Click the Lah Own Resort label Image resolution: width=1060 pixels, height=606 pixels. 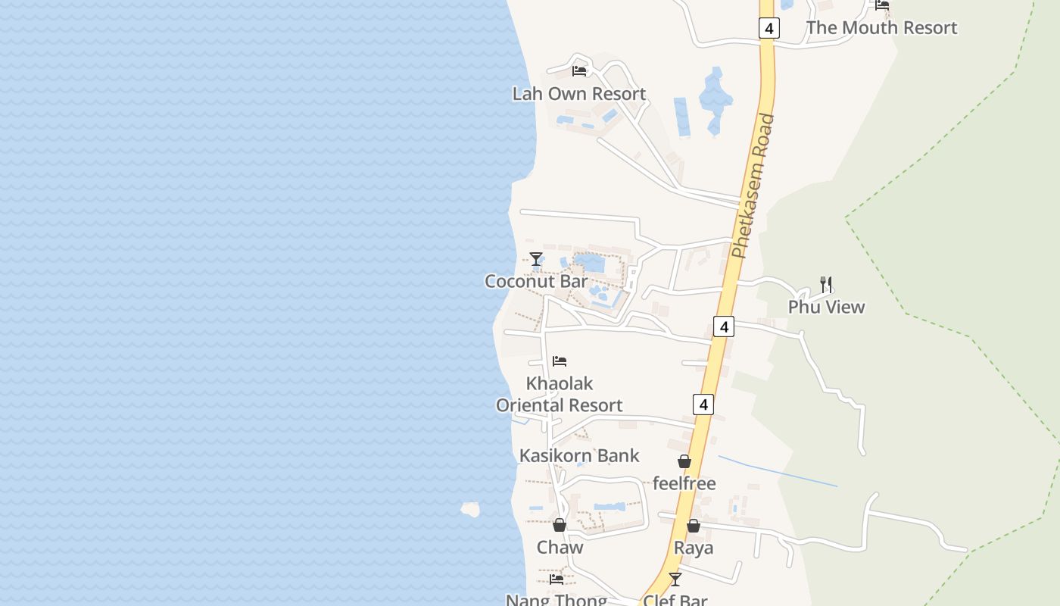[579, 94]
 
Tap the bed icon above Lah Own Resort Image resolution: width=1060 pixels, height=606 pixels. [579, 71]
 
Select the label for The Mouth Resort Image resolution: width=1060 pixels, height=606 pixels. [881, 28]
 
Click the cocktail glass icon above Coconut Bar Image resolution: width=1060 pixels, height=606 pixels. [536, 259]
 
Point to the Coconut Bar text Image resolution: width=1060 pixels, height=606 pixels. [536, 281]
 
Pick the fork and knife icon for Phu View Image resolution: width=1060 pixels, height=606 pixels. [826, 285]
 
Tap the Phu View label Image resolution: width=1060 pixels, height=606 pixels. [826, 307]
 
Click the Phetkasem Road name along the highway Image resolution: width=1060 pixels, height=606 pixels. [754, 186]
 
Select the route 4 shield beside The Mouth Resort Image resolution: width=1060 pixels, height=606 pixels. [768, 29]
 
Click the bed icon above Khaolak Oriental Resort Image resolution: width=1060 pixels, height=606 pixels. [560, 361]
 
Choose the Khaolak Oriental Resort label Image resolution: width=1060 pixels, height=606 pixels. [560, 394]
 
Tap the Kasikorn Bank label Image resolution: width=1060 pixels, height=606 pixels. [579, 455]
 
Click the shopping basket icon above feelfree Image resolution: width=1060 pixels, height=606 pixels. [684, 461]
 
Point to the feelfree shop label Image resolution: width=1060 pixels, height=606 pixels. [684, 483]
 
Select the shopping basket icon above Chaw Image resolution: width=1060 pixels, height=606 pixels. [560, 525]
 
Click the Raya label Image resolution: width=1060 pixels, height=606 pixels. [694, 548]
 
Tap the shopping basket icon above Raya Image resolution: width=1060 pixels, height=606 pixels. [694, 526]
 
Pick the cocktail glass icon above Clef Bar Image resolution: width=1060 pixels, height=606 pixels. [675, 579]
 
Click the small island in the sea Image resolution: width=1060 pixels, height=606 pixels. [470, 509]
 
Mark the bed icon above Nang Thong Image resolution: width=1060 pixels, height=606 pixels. [556, 579]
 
